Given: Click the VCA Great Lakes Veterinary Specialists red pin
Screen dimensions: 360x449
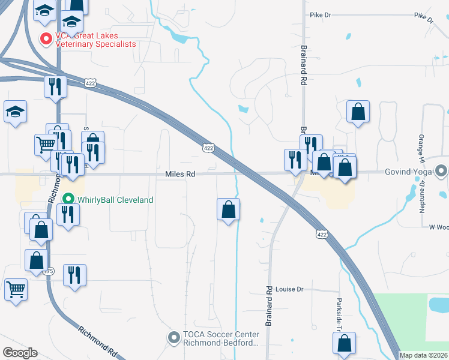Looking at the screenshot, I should tap(46, 39).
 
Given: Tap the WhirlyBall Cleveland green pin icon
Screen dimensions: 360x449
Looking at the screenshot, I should tap(68, 199).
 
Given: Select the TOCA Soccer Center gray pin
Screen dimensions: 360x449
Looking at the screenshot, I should tap(173, 338).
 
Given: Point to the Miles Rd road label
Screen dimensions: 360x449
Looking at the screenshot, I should tap(181, 174).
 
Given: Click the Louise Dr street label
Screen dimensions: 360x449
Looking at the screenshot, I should tap(290, 289).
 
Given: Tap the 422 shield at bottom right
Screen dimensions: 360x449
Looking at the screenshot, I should tap(322, 235).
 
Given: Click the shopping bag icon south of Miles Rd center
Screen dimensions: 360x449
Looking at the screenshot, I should tap(229, 210).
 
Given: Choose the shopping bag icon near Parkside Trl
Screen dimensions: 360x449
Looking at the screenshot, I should tap(345, 343).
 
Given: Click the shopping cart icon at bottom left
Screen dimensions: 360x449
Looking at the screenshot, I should tap(16, 289).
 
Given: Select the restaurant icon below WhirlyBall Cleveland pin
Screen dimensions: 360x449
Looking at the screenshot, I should tap(66, 214).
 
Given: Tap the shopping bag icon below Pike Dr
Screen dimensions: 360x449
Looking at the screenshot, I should tap(358, 112).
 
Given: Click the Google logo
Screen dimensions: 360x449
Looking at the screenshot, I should tap(20, 353).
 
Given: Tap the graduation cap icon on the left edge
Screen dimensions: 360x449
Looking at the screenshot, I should tap(15, 112).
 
